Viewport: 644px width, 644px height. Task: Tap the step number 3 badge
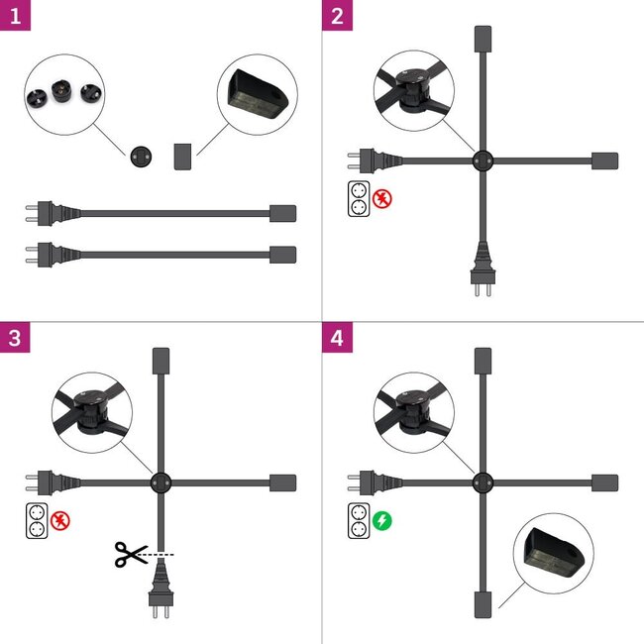tap(13, 337)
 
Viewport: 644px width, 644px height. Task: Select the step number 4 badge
tap(338, 337)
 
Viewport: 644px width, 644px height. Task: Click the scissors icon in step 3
tap(129, 554)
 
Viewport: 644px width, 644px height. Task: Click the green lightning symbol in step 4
tap(382, 519)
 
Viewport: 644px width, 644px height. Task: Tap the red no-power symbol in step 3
tap(59, 519)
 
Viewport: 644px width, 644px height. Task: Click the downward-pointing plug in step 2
tap(482, 273)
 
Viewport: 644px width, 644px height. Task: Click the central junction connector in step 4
tap(482, 483)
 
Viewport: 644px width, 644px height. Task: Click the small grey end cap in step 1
tap(182, 156)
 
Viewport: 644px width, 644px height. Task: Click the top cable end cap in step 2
tap(482, 40)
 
